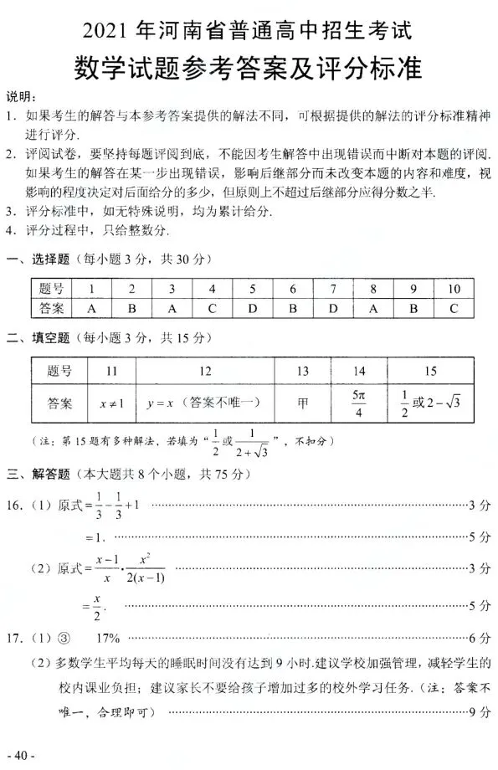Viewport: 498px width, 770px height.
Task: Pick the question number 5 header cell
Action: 252,289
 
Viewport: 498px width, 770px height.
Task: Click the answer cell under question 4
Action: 212,308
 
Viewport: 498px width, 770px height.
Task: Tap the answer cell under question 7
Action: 332,308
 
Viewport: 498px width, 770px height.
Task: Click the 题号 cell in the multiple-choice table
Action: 51,289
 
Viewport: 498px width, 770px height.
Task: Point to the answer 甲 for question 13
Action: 302,403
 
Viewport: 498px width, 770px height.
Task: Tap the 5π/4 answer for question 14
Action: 357,403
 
